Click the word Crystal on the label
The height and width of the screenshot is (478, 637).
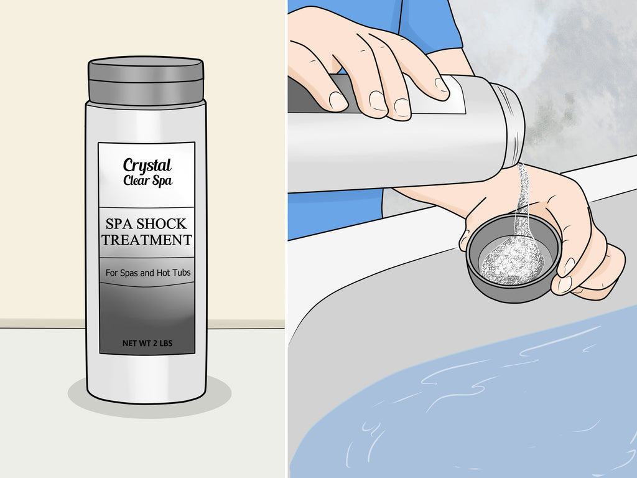[147, 166]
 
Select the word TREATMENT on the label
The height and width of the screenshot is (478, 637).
[146, 240]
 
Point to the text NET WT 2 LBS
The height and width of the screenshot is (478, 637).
[146, 343]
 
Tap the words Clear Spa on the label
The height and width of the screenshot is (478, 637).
[147, 182]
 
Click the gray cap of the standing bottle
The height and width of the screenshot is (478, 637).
[146, 81]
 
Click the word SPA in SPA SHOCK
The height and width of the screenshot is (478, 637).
[119, 224]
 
